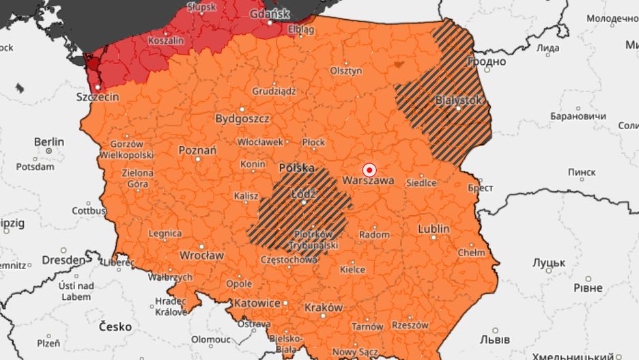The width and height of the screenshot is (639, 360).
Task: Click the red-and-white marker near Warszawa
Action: point(369,169)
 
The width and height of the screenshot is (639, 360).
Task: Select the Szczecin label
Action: point(97,97)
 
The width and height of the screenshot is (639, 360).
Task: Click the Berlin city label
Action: point(49,142)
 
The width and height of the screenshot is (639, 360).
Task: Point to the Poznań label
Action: point(197,150)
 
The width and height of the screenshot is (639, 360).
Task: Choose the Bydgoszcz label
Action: point(242,118)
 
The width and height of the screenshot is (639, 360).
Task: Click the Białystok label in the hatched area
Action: point(459,100)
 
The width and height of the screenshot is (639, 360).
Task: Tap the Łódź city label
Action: point(303,193)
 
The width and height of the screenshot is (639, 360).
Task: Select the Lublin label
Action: point(434,228)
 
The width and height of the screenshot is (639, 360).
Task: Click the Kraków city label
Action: point(324,307)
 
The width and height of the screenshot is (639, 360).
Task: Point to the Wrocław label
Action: point(201,255)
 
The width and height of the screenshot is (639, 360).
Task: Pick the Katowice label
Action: point(257,303)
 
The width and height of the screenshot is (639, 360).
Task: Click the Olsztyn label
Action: point(345,70)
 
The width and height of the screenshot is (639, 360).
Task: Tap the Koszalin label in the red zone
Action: point(167,41)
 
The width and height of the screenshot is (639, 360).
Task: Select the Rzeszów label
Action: point(410,325)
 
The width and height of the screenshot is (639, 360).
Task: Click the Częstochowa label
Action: point(289,260)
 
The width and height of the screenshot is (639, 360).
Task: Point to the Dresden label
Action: point(63,260)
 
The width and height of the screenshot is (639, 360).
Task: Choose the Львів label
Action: point(494,339)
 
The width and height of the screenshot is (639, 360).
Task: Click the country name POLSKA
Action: point(297,167)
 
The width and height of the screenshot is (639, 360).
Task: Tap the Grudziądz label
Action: point(274,90)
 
